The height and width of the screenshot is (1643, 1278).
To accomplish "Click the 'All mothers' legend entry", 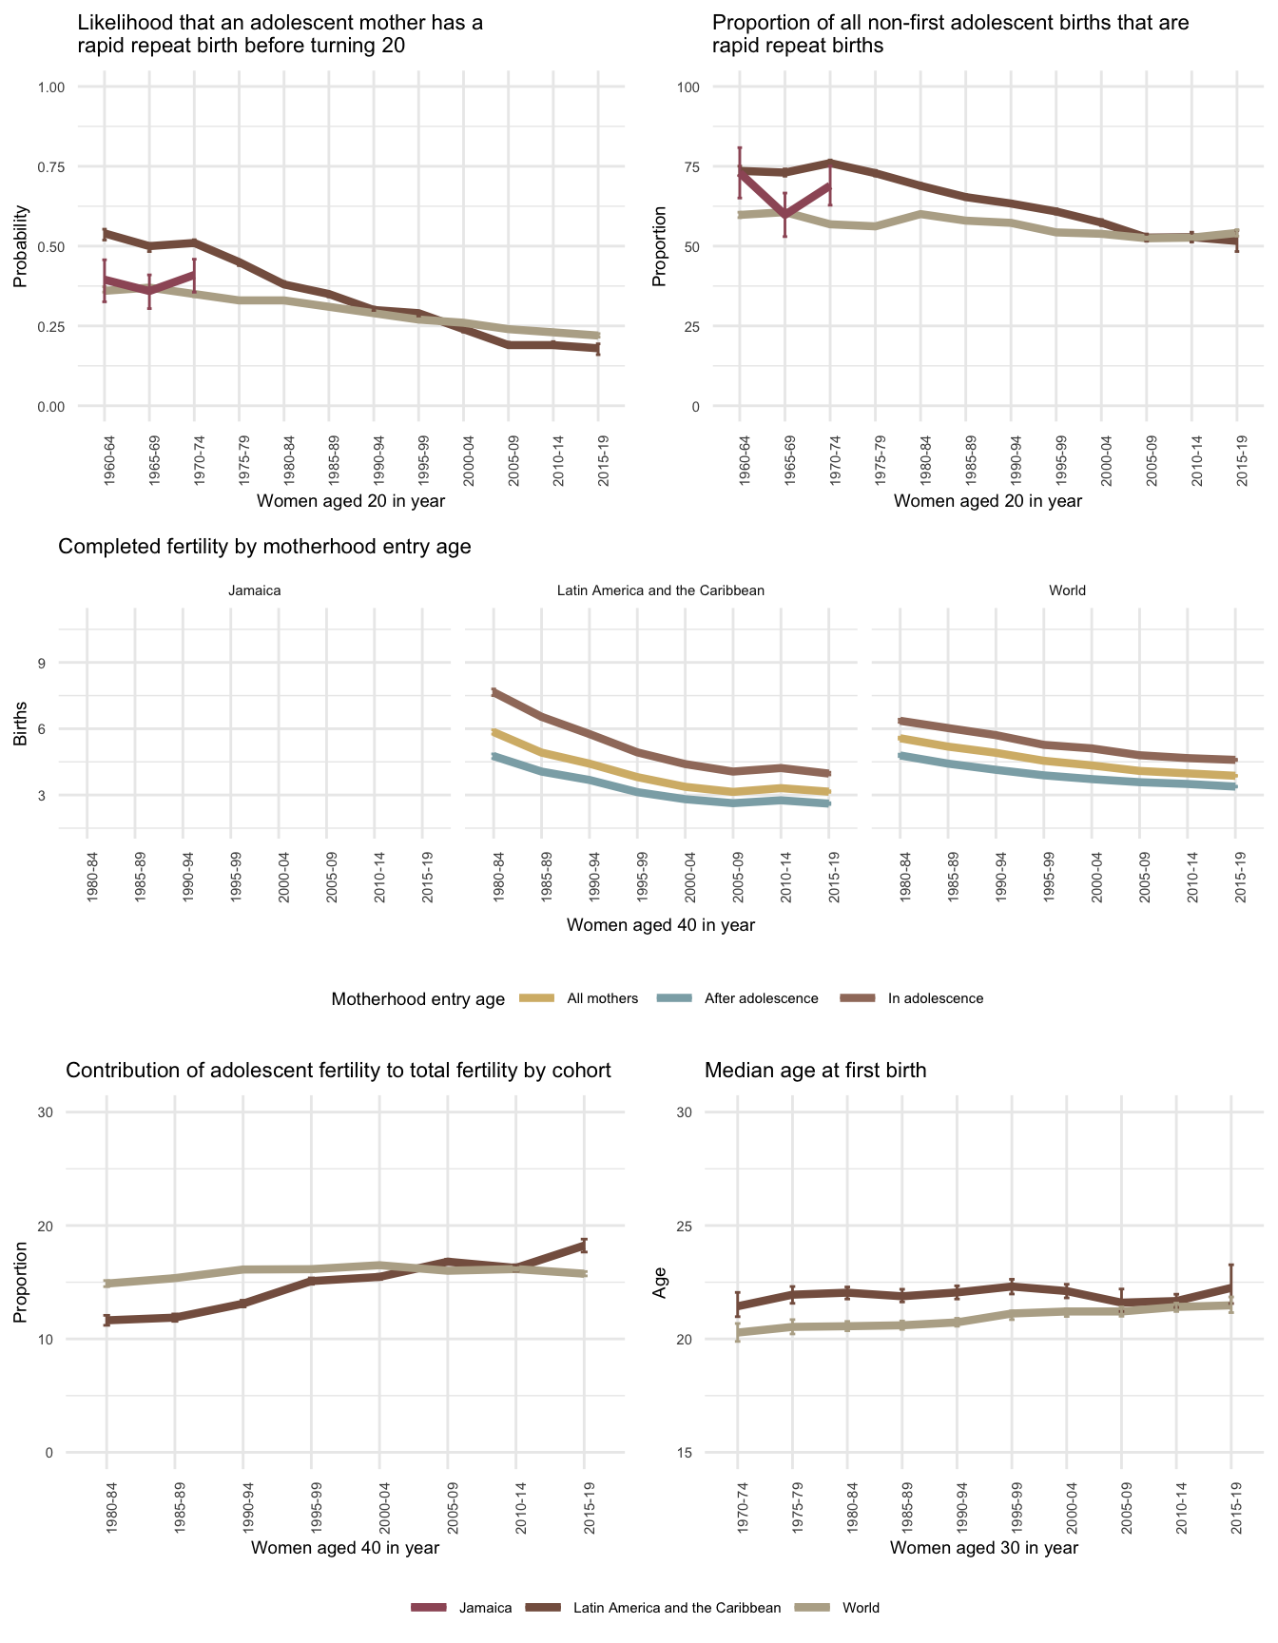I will tap(602, 998).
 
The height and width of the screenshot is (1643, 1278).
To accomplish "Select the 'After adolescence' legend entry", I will tap(761, 998).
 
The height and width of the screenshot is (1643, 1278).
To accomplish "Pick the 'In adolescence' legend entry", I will tap(935, 998).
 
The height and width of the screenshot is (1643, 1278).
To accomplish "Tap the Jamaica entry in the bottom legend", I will tap(485, 1608).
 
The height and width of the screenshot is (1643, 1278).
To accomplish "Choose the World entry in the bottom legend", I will tap(861, 1608).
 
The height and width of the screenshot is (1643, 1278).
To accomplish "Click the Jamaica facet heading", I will tap(255, 590).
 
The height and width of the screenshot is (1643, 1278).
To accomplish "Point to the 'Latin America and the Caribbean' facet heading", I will tap(661, 590).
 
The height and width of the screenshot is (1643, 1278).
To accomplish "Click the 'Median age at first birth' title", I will tap(816, 1071).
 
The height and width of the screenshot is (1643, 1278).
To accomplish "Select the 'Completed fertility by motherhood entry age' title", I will tap(265, 547).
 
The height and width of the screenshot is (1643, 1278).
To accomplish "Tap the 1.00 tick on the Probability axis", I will tap(51, 87).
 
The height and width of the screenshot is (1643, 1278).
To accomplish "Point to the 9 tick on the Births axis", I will tap(42, 663).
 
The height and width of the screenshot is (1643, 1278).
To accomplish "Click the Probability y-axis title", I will tap(20, 246).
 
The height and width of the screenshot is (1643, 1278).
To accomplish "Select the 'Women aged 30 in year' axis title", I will tap(984, 1548).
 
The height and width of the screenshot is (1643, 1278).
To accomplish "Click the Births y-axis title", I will tap(20, 729).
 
